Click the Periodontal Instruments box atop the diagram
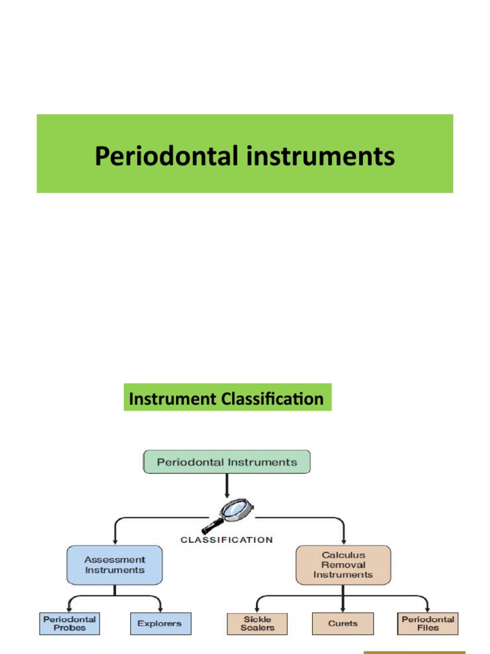(x=226, y=462)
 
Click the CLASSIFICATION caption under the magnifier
(x=226, y=540)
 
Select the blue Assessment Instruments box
(x=114, y=565)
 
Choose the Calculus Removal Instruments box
(x=343, y=565)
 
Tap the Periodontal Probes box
(x=70, y=623)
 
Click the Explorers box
(x=160, y=623)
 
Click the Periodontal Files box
(x=428, y=623)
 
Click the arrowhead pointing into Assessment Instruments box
(x=114, y=541)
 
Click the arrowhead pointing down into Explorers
(x=160, y=609)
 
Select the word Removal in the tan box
(x=343, y=565)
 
